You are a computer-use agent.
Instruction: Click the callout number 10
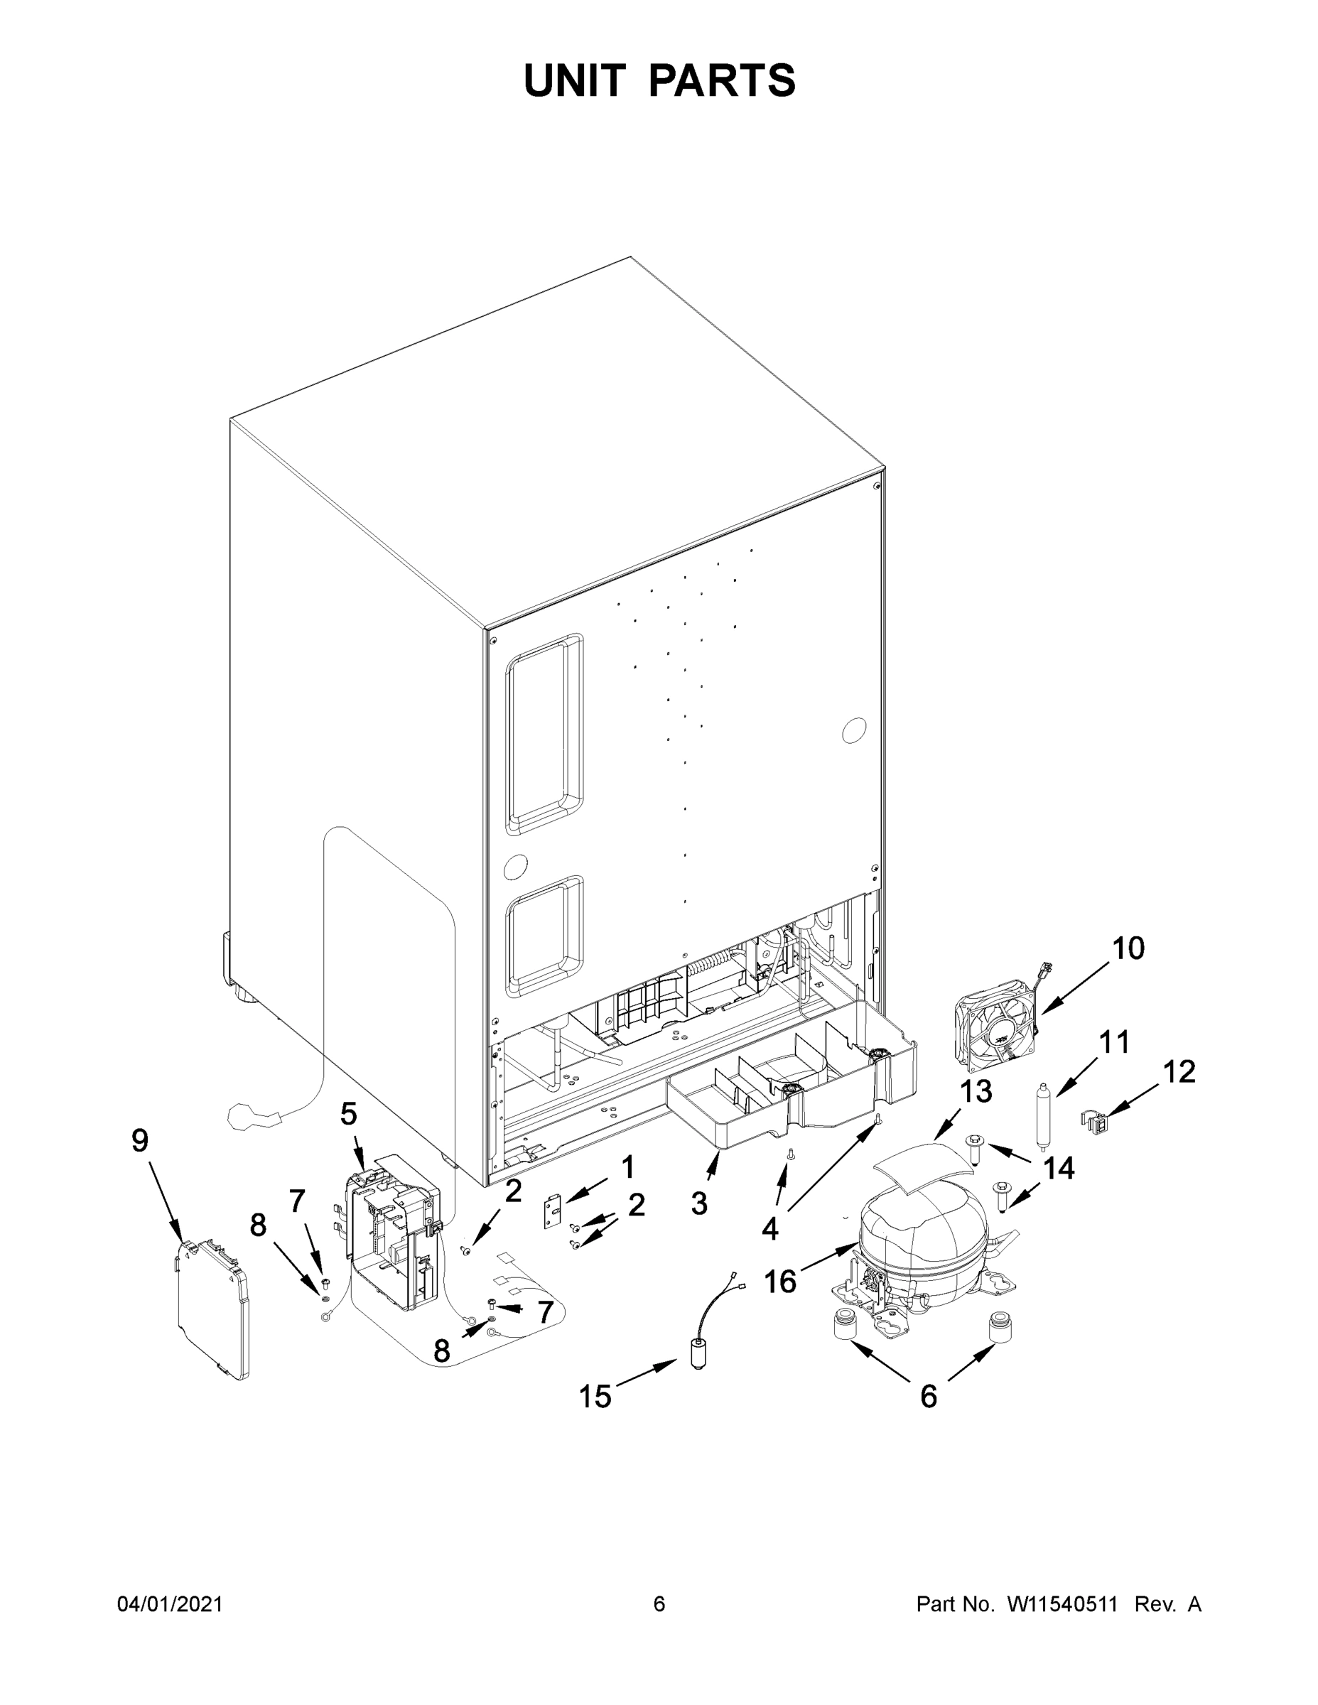pos(1128,948)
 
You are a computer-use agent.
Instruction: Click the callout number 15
pos(595,1397)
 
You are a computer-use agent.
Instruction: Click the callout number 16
pos(779,1281)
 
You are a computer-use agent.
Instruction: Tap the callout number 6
pos(929,1397)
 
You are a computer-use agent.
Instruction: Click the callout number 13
pos(976,1092)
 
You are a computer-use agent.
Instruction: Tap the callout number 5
pos(348,1114)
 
